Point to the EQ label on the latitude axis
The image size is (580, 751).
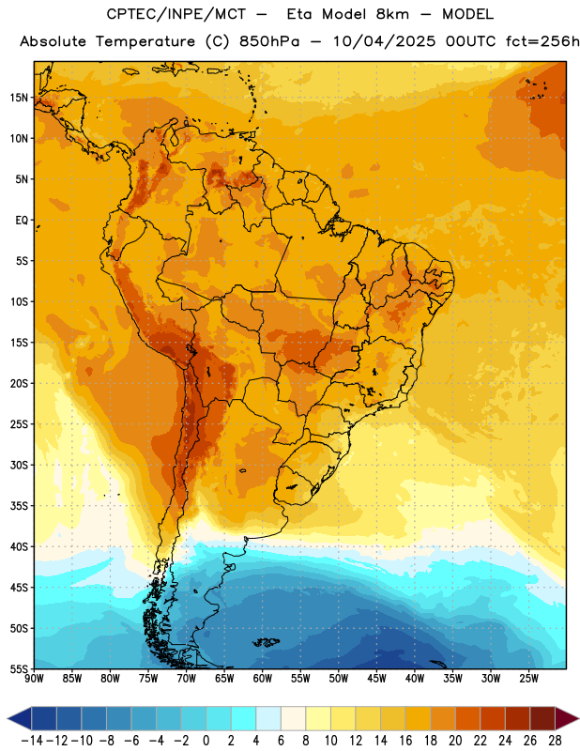point(22,221)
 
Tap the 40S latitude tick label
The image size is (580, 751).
point(19,546)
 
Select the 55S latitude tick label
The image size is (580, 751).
point(19,668)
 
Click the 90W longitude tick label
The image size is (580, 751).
point(35,679)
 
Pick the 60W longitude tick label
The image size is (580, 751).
point(263,679)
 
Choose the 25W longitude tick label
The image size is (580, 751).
point(528,679)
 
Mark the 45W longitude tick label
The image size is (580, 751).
point(376,679)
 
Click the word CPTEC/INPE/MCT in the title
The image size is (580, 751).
point(176,14)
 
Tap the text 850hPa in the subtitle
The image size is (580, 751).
point(269,41)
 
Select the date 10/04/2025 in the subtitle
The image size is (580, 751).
point(384,41)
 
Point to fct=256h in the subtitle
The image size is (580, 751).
point(542,41)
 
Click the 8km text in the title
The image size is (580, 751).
point(392,14)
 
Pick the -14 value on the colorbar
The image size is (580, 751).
point(32,741)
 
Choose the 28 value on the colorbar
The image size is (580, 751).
point(555,741)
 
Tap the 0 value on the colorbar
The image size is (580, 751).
point(206,741)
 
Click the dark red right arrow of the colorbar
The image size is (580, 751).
point(567,718)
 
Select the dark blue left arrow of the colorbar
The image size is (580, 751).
point(20,718)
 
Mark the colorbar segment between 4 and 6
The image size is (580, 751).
point(268,718)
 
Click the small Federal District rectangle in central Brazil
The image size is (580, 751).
point(356,348)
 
